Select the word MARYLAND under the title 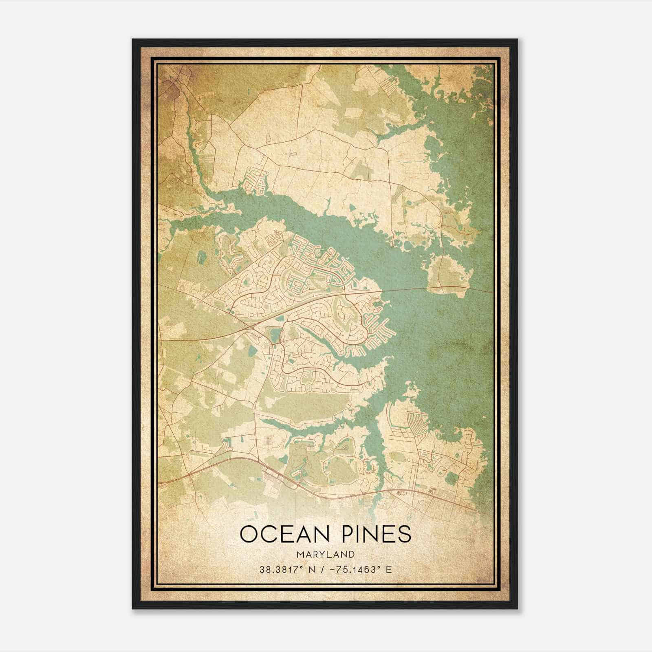(x=326, y=555)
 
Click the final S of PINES (x=404, y=534)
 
